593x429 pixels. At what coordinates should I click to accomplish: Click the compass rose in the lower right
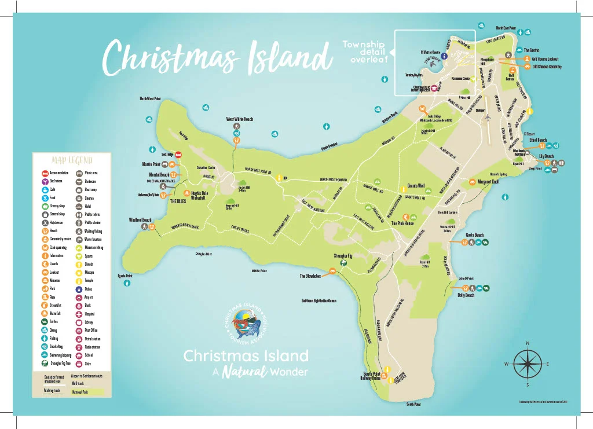pyautogui.click(x=527, y=364)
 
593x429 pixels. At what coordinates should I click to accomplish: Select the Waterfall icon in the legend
pyautogui.click(x=45, y=313)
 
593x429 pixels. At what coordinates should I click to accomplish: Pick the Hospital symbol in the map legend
pyautogui.click(x=79, y=313)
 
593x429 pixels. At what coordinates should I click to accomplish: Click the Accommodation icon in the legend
pyautogui.click(x=45, y=173)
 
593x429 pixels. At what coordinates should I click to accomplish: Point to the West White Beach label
pyautogui.click(x=239, y=119)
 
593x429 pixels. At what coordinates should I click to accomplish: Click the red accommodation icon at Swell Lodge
pyautogui.click(x=179, y=155)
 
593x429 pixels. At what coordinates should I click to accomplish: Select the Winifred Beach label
pyautogui.click(x=140, y=220)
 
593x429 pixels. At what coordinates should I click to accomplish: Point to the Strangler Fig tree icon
pyautogui.click(x=343, y=263)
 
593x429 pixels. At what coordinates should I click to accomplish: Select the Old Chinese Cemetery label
pyautogui.click(x=547, y=67)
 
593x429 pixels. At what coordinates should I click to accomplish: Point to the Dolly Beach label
pyautogui.click(x=466, y=295)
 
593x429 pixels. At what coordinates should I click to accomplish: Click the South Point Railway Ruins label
pyautogui.click(x=371, y=376)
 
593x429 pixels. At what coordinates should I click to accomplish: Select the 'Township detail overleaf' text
pyautogui.click(x=364, y=52)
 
